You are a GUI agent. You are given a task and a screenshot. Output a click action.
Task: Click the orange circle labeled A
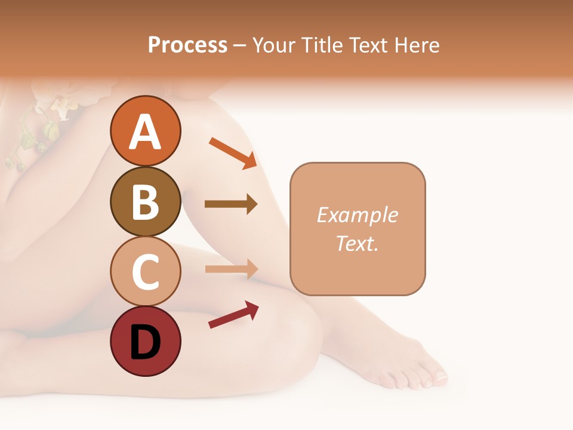pos(145,131)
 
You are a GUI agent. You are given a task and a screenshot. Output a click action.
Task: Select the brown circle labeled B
pos(145,201)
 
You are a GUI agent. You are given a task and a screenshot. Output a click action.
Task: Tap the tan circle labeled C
pos(145,271)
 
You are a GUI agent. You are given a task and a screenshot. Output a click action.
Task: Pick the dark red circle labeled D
pos(145,341)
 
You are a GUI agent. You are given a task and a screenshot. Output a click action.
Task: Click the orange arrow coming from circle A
pos(233,152)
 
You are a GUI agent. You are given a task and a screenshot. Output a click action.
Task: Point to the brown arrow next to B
pos(230,204)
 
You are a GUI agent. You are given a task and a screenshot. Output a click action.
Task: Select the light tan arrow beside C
pos(230,269)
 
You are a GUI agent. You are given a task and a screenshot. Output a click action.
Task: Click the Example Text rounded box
pos(358,229)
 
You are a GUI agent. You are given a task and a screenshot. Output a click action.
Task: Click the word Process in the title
pos(187,45)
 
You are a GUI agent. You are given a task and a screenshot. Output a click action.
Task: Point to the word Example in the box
pos(357,215)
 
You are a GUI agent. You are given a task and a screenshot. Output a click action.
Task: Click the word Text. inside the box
pos(357,243)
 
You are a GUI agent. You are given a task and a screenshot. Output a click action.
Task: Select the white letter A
pos(145,132)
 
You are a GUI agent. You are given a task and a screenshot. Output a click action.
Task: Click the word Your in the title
pos(273,45)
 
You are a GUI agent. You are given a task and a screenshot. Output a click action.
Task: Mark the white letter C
pos(145,272)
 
